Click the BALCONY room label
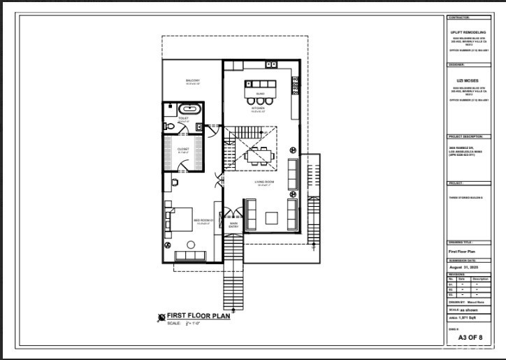click(x=193, y=81)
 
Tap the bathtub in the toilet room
click(x=188, y=109)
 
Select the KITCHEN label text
click(x=259, y=108)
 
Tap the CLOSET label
click(x=183, y=149)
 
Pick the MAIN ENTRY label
click(x=233, y=225)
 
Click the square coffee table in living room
click(x=271, y=217)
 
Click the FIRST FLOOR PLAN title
click(x=199, y=316)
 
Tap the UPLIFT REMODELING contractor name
click(x=469, y=32)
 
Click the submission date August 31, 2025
click(x=464, y=267)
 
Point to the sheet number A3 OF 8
click(x=470, y=338)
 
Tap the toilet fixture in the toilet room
click(x=199, y=127)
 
